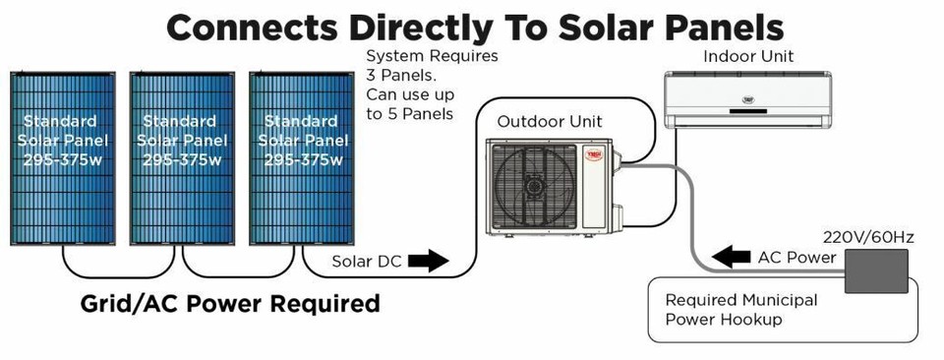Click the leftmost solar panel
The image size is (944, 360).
click(61, 157)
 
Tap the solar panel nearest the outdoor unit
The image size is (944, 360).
click(300, 157)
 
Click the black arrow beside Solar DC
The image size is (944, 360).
click(426, 262)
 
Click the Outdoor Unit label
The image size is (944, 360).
click(550, 122)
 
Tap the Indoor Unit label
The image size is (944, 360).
click(748, 56)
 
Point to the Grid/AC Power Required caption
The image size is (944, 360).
click(230, 303)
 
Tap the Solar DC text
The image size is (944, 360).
click(363, 262)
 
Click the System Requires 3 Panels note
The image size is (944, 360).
click(432, 85)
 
